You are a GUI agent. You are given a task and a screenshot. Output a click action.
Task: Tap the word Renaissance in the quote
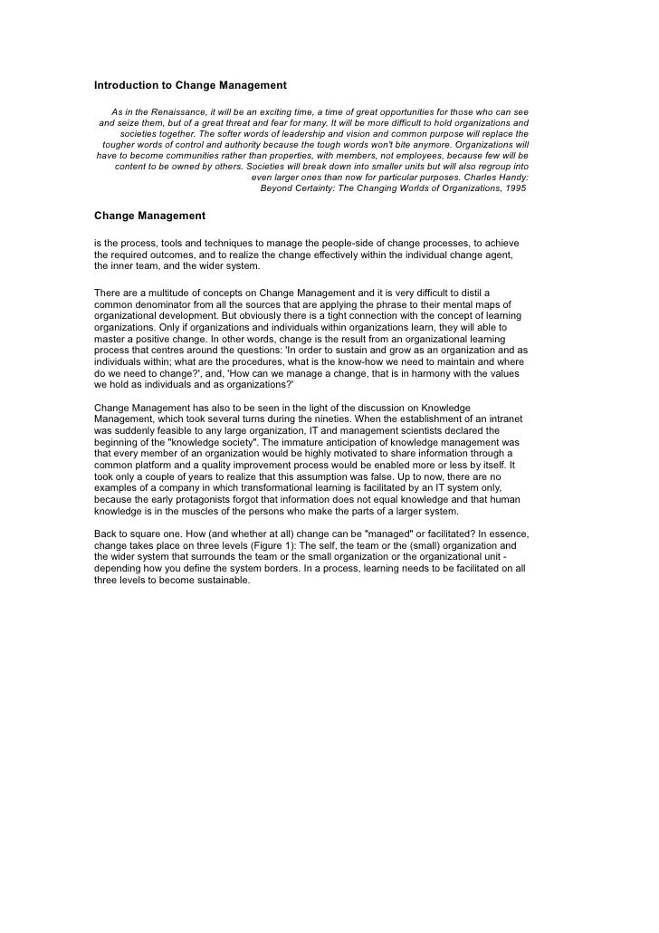tap(174, 111)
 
